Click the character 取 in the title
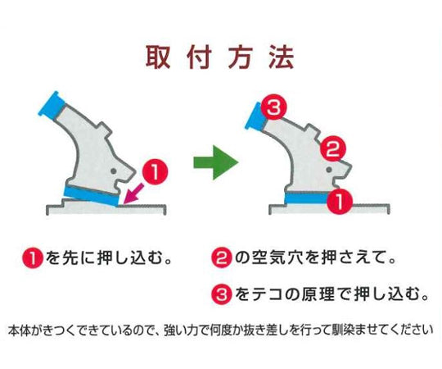pyautogui.click(x=158, y=57)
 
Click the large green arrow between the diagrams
pyautogui.click(x=214, y=162)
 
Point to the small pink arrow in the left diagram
pyautogui.click(x=131, y=194)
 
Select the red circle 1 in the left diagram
pyautogui.click(x=155, y=173)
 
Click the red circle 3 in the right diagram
pyautogui.click(x=276, y=107)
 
